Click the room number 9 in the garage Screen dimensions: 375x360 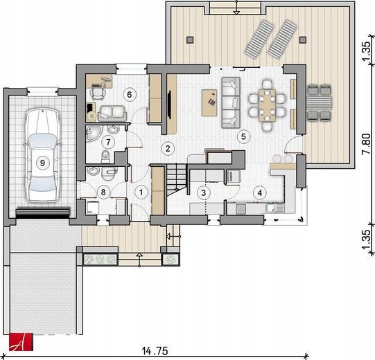point(42,163)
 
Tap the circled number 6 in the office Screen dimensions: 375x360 point(130,95)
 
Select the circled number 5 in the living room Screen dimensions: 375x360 point(243,136)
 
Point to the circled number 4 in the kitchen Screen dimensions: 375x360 point(260,192)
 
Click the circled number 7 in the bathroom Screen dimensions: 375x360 point(108,143)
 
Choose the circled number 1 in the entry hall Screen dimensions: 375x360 point(141,192)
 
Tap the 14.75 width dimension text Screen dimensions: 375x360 point(155,351)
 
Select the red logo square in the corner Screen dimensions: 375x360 point(21,342)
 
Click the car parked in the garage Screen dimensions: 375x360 point(42,155)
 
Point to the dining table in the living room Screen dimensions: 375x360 point(267,105)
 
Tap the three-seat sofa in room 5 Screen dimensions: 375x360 point(231,102)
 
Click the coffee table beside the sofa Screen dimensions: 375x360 point(209,102)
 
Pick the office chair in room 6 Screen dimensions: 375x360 point(98,93)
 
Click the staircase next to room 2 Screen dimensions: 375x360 point(177,179)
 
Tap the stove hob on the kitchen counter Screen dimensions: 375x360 point(241,209)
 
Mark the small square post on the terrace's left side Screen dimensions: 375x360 point(190,39)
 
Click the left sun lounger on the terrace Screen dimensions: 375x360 point(259,39)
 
